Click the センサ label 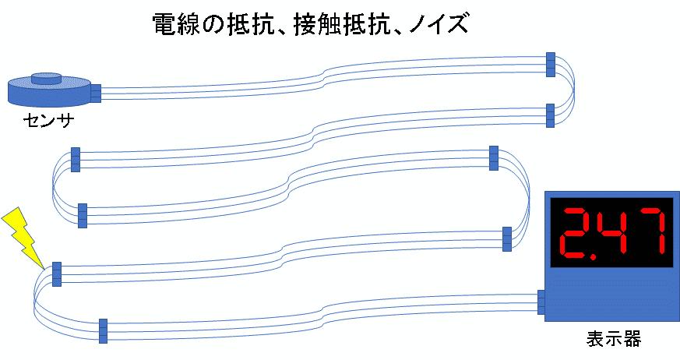click(48, 120)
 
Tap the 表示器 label click(614, 338)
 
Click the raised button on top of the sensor click(46, 78)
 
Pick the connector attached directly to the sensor click(97, 94)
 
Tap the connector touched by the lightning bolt click(56, 274)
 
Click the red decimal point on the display click(593, 256)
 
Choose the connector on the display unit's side click(541, 302)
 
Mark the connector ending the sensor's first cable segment click(551, 65)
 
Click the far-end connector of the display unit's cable click(103, 331)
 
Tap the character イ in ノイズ click(438, 23)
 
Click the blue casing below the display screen click(611, 295)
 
